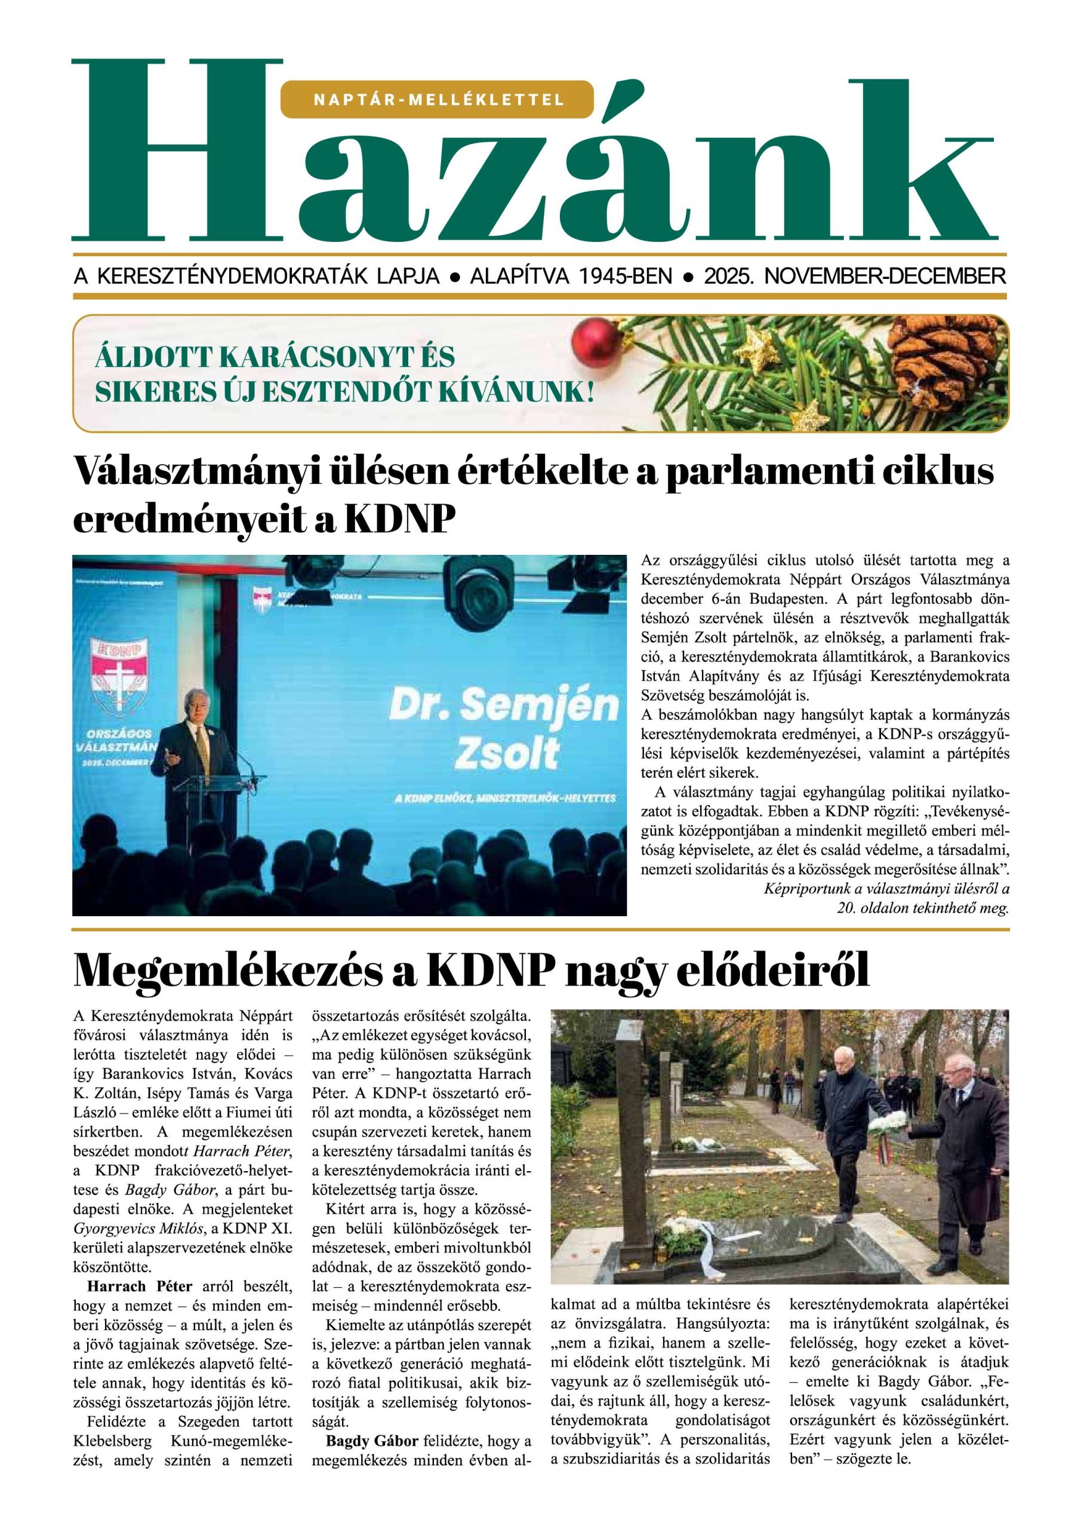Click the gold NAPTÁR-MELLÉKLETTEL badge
(438, 100)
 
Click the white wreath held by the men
(888, 1119)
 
